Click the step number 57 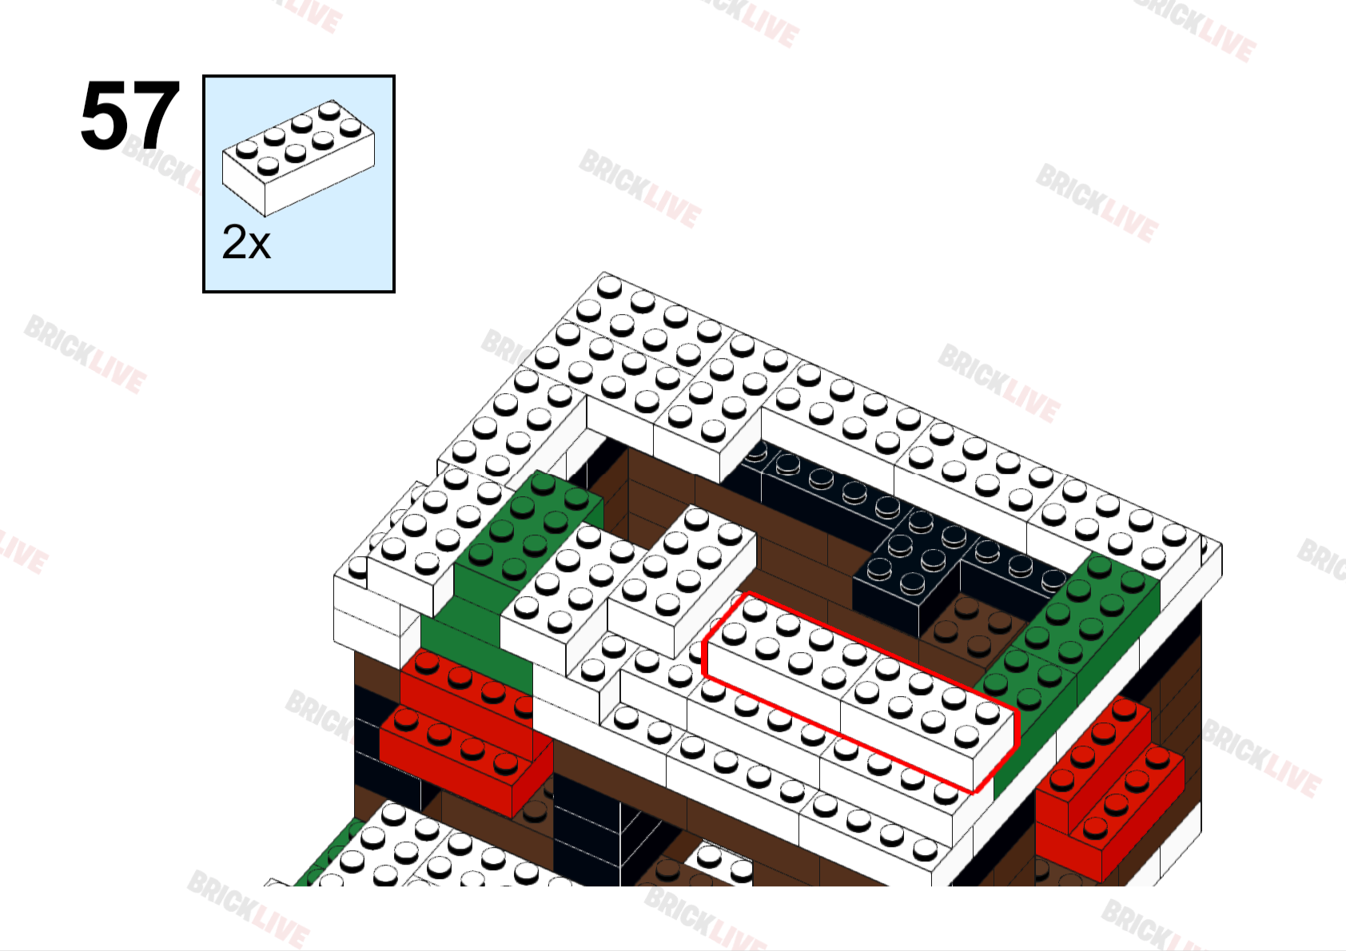coord(129,116)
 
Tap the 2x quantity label coord(246,242)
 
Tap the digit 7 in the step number coord(154,116)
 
